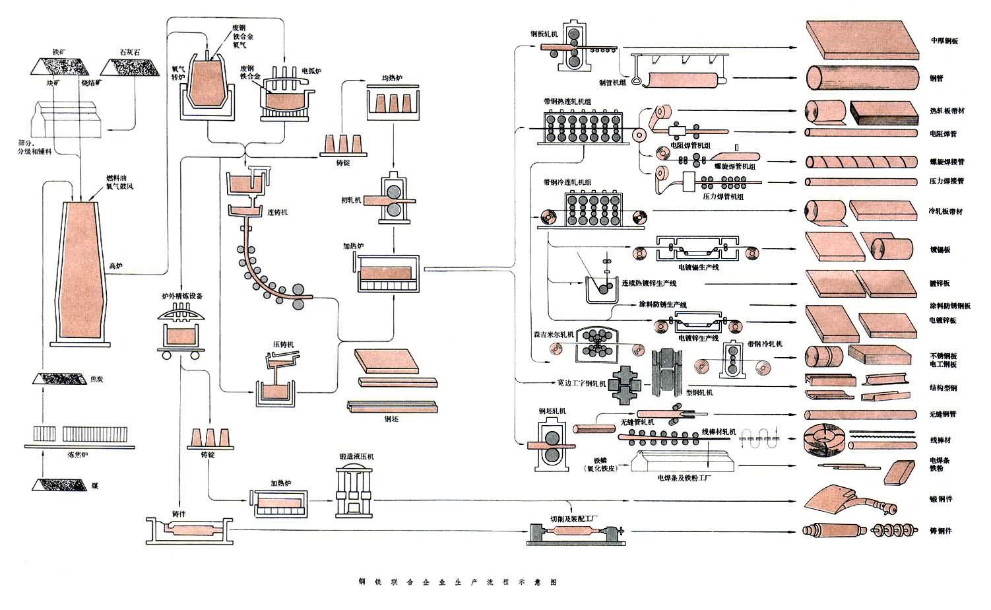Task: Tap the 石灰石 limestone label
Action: coord(130,51)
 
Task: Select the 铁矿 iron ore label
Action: coord(59,51)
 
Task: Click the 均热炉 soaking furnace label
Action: coord(392,79)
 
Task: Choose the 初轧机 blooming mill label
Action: coord(352,199)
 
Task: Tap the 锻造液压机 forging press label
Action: coord(356,456)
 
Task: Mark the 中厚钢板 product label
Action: coord(944,41)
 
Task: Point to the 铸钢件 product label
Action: coord(940,531)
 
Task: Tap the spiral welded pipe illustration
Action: coord(861,161)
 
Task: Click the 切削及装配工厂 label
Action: coord(574,518)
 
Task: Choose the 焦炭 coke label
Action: coord(96,380)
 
